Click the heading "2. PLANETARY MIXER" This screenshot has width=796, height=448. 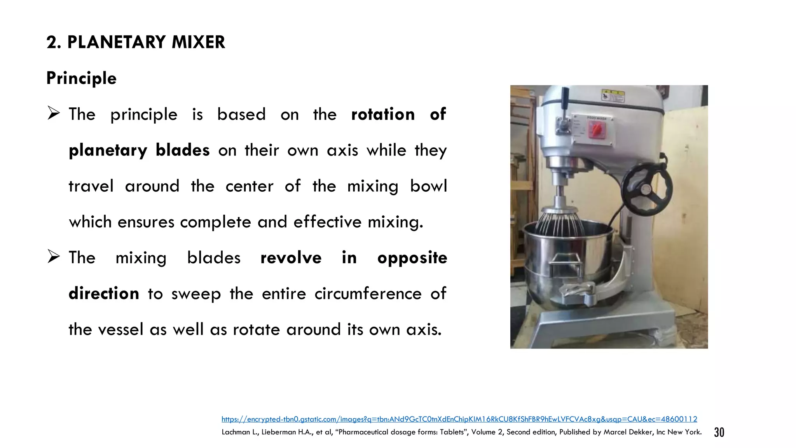point(136,42)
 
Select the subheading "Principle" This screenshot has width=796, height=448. point(81,78)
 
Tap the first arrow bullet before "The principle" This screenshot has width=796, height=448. point(54,114)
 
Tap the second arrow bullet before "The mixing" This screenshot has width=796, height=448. point(54,257)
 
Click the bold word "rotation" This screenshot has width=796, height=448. point(383,114)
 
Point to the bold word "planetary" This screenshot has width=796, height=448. point(108,150)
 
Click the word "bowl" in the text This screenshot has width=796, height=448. point(428,186)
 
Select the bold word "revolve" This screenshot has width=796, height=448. point(291,258)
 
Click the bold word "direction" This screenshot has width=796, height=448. point(104,294)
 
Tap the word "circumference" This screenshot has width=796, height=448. point(368,294)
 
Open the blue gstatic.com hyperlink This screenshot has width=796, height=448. point(459,419)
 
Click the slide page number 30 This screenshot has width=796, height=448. point(719,432)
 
